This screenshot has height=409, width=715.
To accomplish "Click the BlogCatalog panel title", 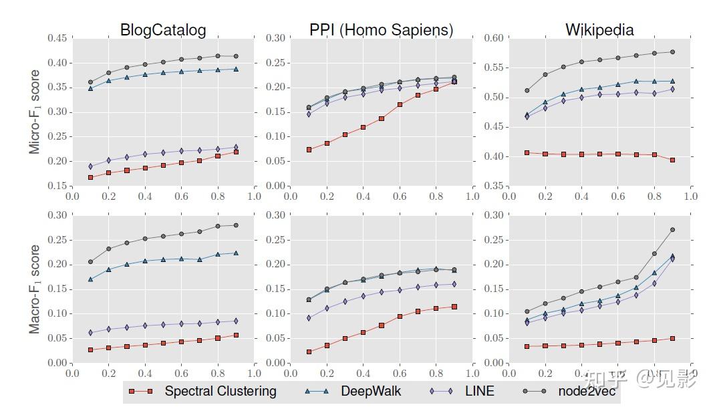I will click(163, 30).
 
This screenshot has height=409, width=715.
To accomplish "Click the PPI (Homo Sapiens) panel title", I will click(381, 30).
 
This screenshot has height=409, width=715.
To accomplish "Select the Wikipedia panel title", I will click(599, 30).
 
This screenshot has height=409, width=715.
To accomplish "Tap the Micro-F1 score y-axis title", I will click(35, 112).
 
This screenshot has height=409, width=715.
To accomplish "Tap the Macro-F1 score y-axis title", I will click(35, 289).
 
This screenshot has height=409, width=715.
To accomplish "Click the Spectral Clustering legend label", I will click(221, 392).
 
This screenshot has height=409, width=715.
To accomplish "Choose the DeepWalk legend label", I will click(371, 392).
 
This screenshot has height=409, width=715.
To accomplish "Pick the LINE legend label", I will click(480, 392).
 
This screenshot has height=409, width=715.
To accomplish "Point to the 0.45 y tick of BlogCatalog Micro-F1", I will click(57, 38).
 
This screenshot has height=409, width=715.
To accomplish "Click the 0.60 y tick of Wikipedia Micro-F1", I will click(493, 38).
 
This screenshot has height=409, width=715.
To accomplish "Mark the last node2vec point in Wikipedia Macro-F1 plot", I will click(672, 230).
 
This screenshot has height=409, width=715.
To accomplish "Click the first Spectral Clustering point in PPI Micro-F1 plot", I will click(309, 150).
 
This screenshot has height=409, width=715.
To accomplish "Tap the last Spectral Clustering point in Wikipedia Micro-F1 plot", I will click(672, 160).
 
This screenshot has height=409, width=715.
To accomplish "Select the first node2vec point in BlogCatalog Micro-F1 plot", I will click(90, 82).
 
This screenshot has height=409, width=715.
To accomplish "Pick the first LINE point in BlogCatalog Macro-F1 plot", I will click(90, 332).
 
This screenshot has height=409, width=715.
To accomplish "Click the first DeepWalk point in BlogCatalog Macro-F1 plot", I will click(90, 279).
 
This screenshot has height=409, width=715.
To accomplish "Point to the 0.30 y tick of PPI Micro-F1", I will click(275, 38).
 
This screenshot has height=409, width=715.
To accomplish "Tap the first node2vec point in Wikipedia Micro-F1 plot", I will click(527, 90).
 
